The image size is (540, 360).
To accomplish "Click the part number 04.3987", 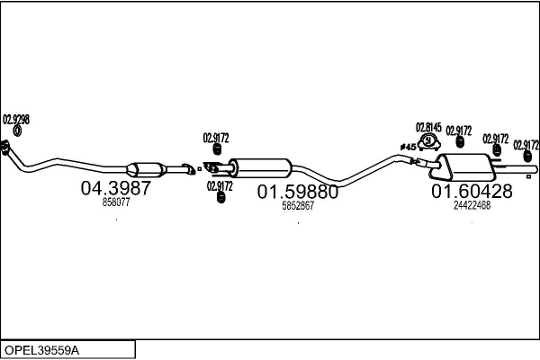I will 116,190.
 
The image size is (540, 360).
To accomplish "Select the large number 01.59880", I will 298,192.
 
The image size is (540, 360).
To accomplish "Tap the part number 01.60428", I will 471,191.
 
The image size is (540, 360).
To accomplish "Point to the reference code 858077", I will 116,203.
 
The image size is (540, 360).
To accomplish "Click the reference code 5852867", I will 298,205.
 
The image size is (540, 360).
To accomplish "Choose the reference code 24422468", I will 472,204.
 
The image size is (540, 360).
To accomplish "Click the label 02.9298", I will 16,119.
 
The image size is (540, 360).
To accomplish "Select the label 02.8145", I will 428,127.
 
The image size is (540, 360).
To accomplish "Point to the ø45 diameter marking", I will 408,146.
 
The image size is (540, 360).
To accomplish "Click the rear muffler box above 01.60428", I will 468,166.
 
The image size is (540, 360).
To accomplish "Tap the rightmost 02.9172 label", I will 526,144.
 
